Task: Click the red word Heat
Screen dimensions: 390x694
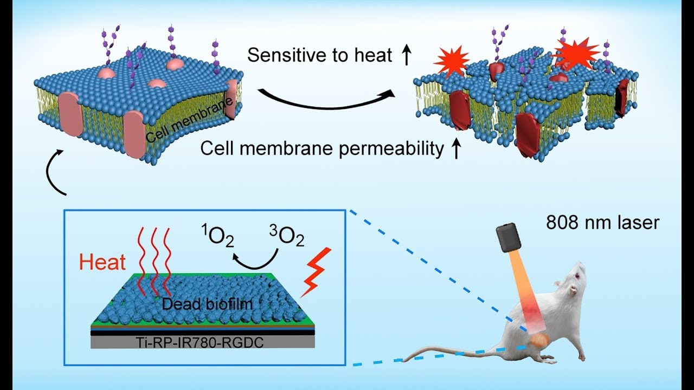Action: coord(102,262)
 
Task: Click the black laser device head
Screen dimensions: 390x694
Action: coord(508,239)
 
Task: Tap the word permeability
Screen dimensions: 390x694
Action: coord(391,148)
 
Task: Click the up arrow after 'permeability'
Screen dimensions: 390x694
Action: coord(455,148)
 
